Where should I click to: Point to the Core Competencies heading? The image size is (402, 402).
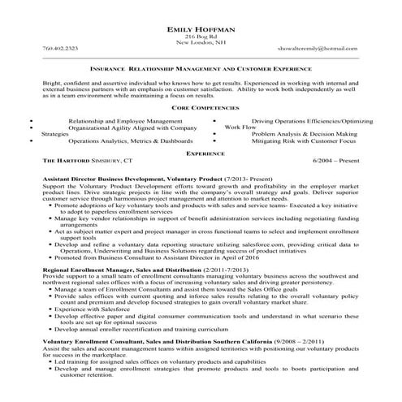click(201, 107)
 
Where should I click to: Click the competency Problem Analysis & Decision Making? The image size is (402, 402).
click(304, 133)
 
